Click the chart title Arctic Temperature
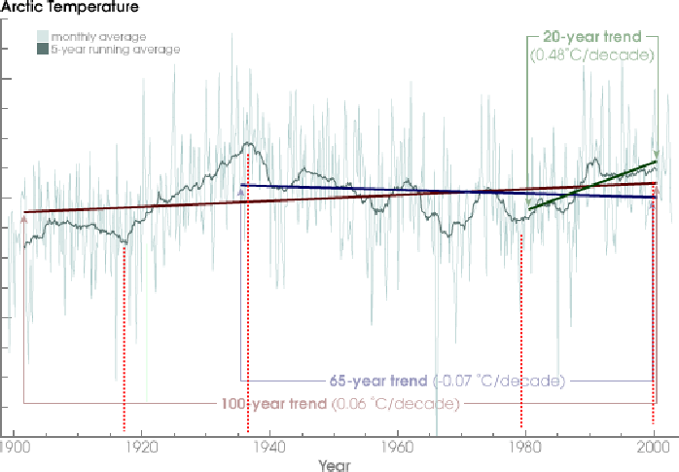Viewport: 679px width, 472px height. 68,8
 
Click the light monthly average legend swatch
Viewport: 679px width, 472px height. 43,35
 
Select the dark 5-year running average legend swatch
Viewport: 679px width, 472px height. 43,48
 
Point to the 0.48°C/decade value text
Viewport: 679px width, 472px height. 590,55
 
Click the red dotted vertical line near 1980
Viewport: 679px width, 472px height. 522,321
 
